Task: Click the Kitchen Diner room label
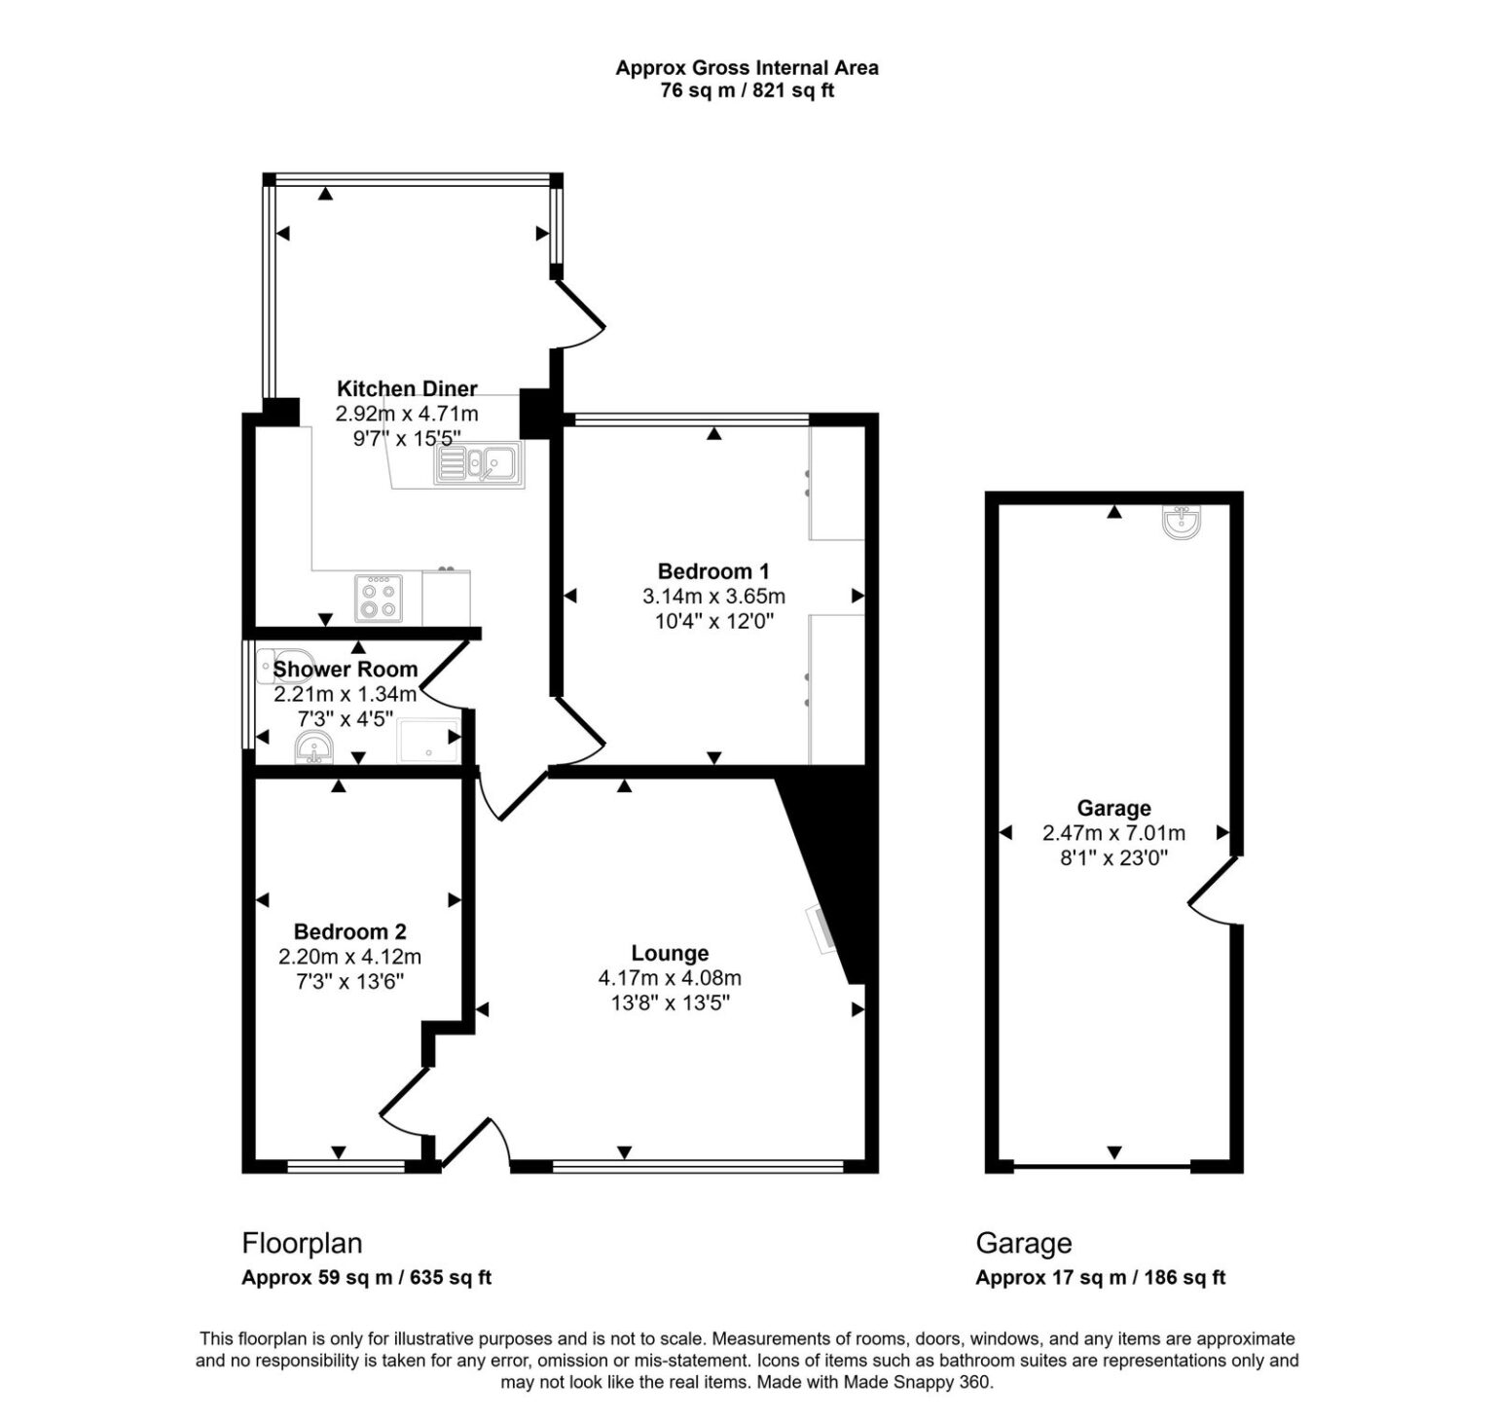pos(407,388)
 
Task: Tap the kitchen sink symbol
pos(478,463)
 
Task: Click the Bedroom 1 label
pos(713,571)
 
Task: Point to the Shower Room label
pos(345,670)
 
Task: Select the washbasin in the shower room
pos(313,748)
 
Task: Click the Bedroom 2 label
pos(349,931)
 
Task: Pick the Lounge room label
pos(670,953)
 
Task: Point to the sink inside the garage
pos(1182,524)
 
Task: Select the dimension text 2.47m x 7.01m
pos(1113,833)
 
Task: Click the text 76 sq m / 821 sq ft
pos(747,91)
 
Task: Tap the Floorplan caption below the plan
pos(302,1243)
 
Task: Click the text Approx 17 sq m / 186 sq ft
pos(1100,1278)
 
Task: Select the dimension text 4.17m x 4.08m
pos(670,978)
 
